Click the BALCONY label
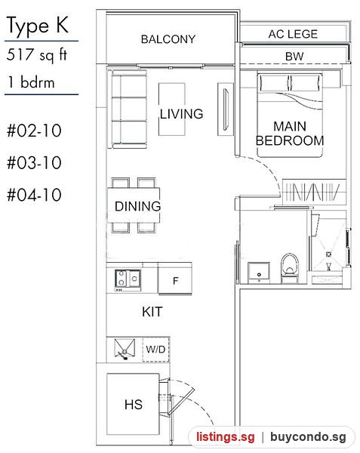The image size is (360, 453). coord(168,39)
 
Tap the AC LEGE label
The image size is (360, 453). coord(293,34)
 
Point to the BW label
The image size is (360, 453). coord(294,57)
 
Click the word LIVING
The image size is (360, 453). coord(182,114)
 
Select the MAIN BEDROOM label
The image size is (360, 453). coord(290,134)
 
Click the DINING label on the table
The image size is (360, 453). coord(137,206)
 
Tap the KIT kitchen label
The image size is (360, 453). coord(152,312)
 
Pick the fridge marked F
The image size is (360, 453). coord(175,279)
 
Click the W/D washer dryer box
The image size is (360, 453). coord(155,350)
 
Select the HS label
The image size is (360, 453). coord(134,405)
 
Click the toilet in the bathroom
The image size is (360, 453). coord(290,268)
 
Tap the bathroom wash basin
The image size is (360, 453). coord(259,273)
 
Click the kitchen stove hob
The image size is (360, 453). coord(128,279)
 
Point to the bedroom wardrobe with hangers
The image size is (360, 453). coord(314,192)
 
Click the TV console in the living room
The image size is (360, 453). coord(226,109)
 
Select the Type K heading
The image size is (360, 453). coord(38,26)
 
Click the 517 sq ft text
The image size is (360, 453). coord(37,54)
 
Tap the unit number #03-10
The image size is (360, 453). coord(34,162)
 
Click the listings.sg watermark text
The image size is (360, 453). coord(226,436)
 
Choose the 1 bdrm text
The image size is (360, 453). coord(31,82)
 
